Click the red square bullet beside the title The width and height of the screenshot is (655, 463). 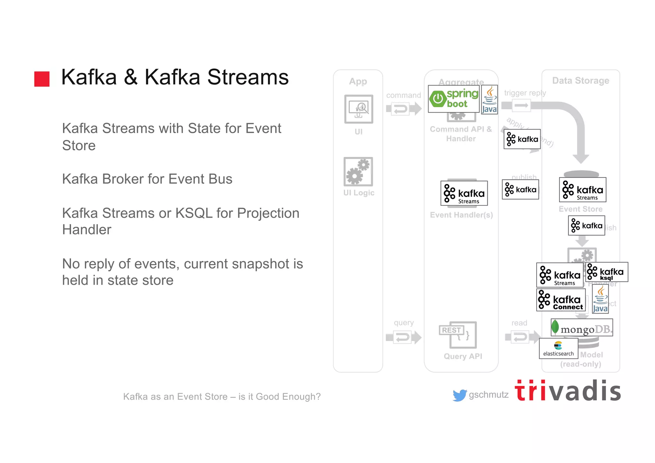tap(42, 79)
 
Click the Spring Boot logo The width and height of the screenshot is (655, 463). tap(454, 99)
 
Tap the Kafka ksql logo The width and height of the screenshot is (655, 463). tap(607, 272)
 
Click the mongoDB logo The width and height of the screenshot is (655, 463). tap(581, 327)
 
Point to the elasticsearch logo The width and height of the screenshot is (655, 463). tap(558, 348)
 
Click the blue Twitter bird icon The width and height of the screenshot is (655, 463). tap(460, 395)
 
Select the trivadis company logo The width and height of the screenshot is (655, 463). tap(568, 391)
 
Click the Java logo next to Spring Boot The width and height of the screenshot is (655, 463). tap(489, 100)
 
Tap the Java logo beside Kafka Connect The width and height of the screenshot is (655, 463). tap(600, 299)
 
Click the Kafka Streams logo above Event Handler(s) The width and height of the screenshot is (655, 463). tap(464, 193)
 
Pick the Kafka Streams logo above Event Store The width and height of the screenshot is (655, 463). tap(582, 190)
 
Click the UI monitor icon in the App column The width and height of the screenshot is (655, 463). tap(359, 109)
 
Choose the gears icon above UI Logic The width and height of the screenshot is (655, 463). tap(358, 172)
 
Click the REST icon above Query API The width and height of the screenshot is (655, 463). tap(458, 335)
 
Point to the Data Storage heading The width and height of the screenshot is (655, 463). tap(580, 81)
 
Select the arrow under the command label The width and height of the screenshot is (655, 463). tap(404, 109)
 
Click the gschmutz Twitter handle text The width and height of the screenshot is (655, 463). tap(488, 395)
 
